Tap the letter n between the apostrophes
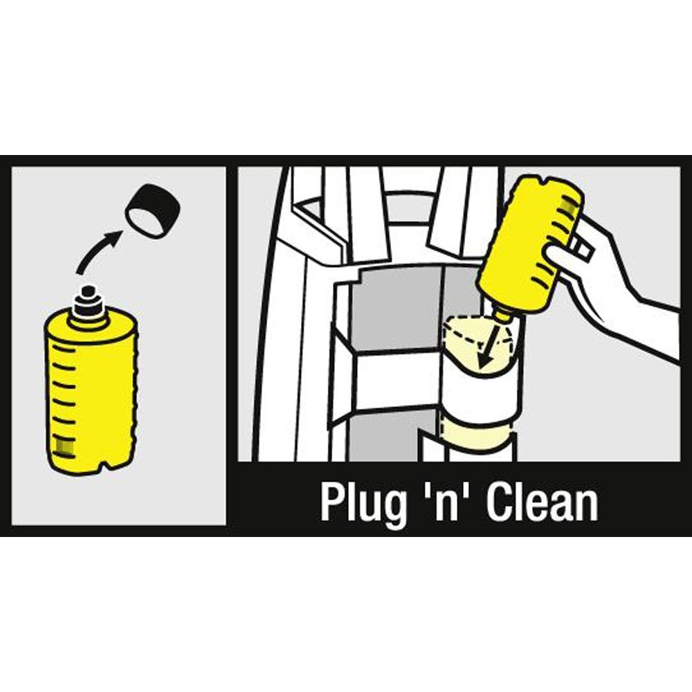pos(446,507)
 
